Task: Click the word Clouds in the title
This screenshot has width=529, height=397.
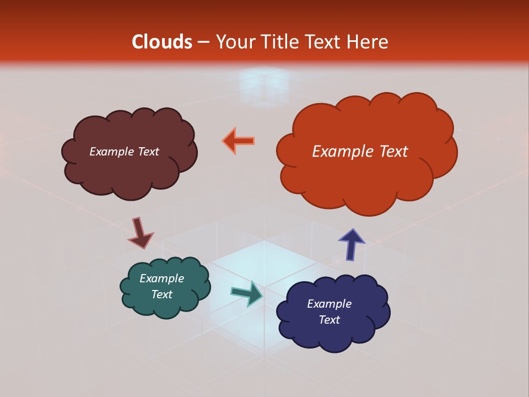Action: click(162, 42)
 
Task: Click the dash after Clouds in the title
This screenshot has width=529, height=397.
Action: click(202, 42)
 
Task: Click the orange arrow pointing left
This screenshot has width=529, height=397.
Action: click(239, 141)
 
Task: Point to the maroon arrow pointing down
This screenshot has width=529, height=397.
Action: click(140, 233)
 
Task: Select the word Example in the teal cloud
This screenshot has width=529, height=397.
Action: click(162, 278)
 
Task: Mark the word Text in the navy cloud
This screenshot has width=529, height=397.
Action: click(330, 320)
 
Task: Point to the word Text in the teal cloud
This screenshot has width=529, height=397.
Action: click(162, 294)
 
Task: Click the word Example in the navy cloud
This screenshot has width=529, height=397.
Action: click(330, 304)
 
